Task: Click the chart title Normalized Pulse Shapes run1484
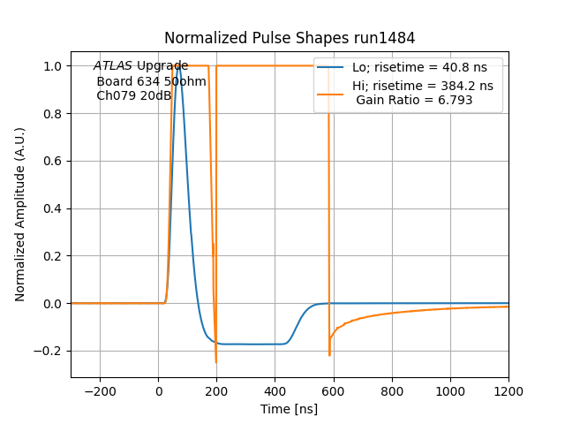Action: click(290, 38)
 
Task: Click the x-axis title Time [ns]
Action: click(290, 409)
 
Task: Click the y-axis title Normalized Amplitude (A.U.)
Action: click(20, 215)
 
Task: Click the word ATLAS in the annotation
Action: click(113, 66)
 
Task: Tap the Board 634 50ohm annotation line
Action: click(151, 81)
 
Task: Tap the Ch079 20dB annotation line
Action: click(133, 95)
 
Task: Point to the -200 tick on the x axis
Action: click(100, 391)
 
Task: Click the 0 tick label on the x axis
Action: click(159, 391)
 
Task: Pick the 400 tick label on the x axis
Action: click(275, 391)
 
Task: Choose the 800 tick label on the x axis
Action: click(392, 391)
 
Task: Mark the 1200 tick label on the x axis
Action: click(508, 391)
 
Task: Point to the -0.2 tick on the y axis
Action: click(50, 351)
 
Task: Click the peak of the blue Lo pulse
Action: click(178, 66)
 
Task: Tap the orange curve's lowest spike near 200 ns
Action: click(215, 362)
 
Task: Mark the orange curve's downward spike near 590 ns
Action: click(329, 355)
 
